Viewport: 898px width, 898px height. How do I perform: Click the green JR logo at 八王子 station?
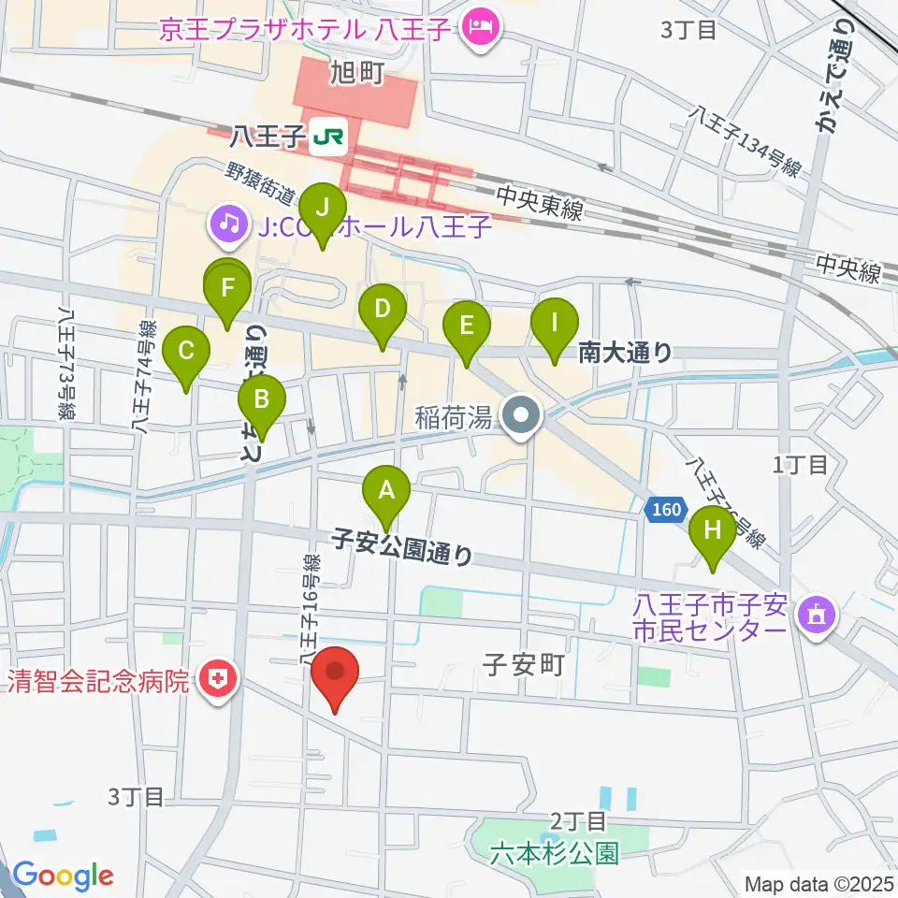click(x=330, y=138)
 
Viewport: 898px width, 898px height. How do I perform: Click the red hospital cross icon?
click(x=219, y=680)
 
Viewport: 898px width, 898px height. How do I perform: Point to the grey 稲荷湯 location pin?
click(x=519, y=414)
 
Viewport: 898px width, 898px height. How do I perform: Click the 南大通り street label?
click(x=625, y=353)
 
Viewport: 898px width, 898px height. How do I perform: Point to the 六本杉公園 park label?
click(x=556, y=853)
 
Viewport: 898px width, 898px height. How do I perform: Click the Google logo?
click(x=64, y=876)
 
